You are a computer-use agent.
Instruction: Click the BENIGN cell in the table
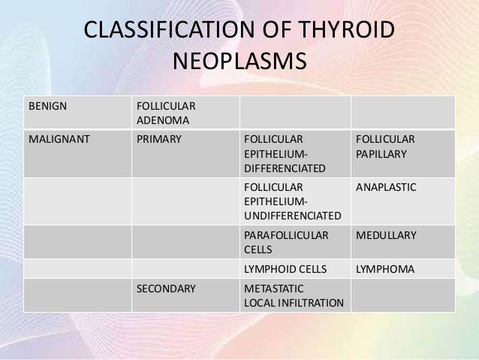47,104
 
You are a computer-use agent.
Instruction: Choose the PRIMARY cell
158,139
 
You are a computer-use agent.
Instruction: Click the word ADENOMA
162,119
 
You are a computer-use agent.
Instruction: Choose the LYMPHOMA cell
385,268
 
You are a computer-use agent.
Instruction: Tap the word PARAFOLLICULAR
287,235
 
